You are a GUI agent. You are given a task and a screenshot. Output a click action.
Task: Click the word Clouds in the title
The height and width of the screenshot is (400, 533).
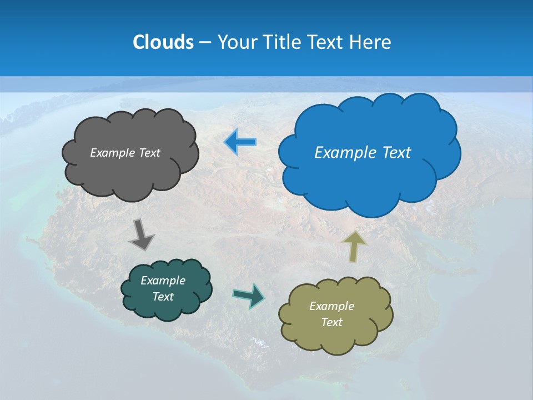click(x=163, y=42)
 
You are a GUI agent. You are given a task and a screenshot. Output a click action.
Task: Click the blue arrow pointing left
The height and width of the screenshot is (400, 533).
click(x=241, y=142)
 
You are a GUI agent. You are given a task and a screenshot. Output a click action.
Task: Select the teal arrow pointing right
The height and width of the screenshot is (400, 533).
click(x=249, y=295)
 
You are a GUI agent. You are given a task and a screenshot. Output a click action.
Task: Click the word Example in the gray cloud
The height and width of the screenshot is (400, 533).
click(x=110, y=153)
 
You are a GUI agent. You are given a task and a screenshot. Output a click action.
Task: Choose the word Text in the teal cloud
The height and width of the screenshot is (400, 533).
click(x=163, y=297)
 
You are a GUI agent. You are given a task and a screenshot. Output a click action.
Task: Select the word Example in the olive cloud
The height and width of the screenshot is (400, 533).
click(x=331, y=306)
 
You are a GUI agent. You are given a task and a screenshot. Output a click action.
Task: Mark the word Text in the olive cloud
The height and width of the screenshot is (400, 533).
click(x=331, y=322)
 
